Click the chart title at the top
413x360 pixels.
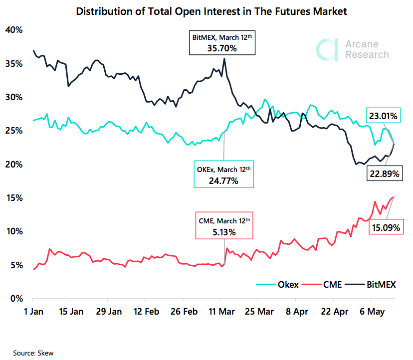206,10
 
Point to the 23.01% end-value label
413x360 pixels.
383,117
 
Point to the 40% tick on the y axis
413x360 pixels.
13,30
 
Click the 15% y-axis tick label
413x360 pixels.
13,198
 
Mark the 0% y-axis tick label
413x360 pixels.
15,299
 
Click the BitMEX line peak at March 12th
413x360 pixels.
224,59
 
